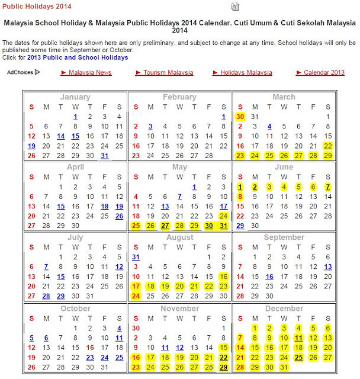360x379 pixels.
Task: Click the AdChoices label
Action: coord(22,72)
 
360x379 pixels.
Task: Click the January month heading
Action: coord(75,97)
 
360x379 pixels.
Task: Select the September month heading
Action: coord(284,237)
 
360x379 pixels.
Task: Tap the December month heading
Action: coord(284,309)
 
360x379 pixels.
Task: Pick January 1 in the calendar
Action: coord(75,117)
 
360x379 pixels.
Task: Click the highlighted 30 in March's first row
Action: coord(240,117)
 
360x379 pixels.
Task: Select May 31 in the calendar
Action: coord(223,226)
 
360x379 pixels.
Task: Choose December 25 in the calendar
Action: coord(299,357)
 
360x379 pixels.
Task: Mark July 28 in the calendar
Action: coord(46,296)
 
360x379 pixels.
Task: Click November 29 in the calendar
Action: coord(223,367)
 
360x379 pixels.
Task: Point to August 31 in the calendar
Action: coord(136,257)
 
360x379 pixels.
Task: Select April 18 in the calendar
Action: coord(105,206)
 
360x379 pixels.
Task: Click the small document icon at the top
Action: coord(235,7)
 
